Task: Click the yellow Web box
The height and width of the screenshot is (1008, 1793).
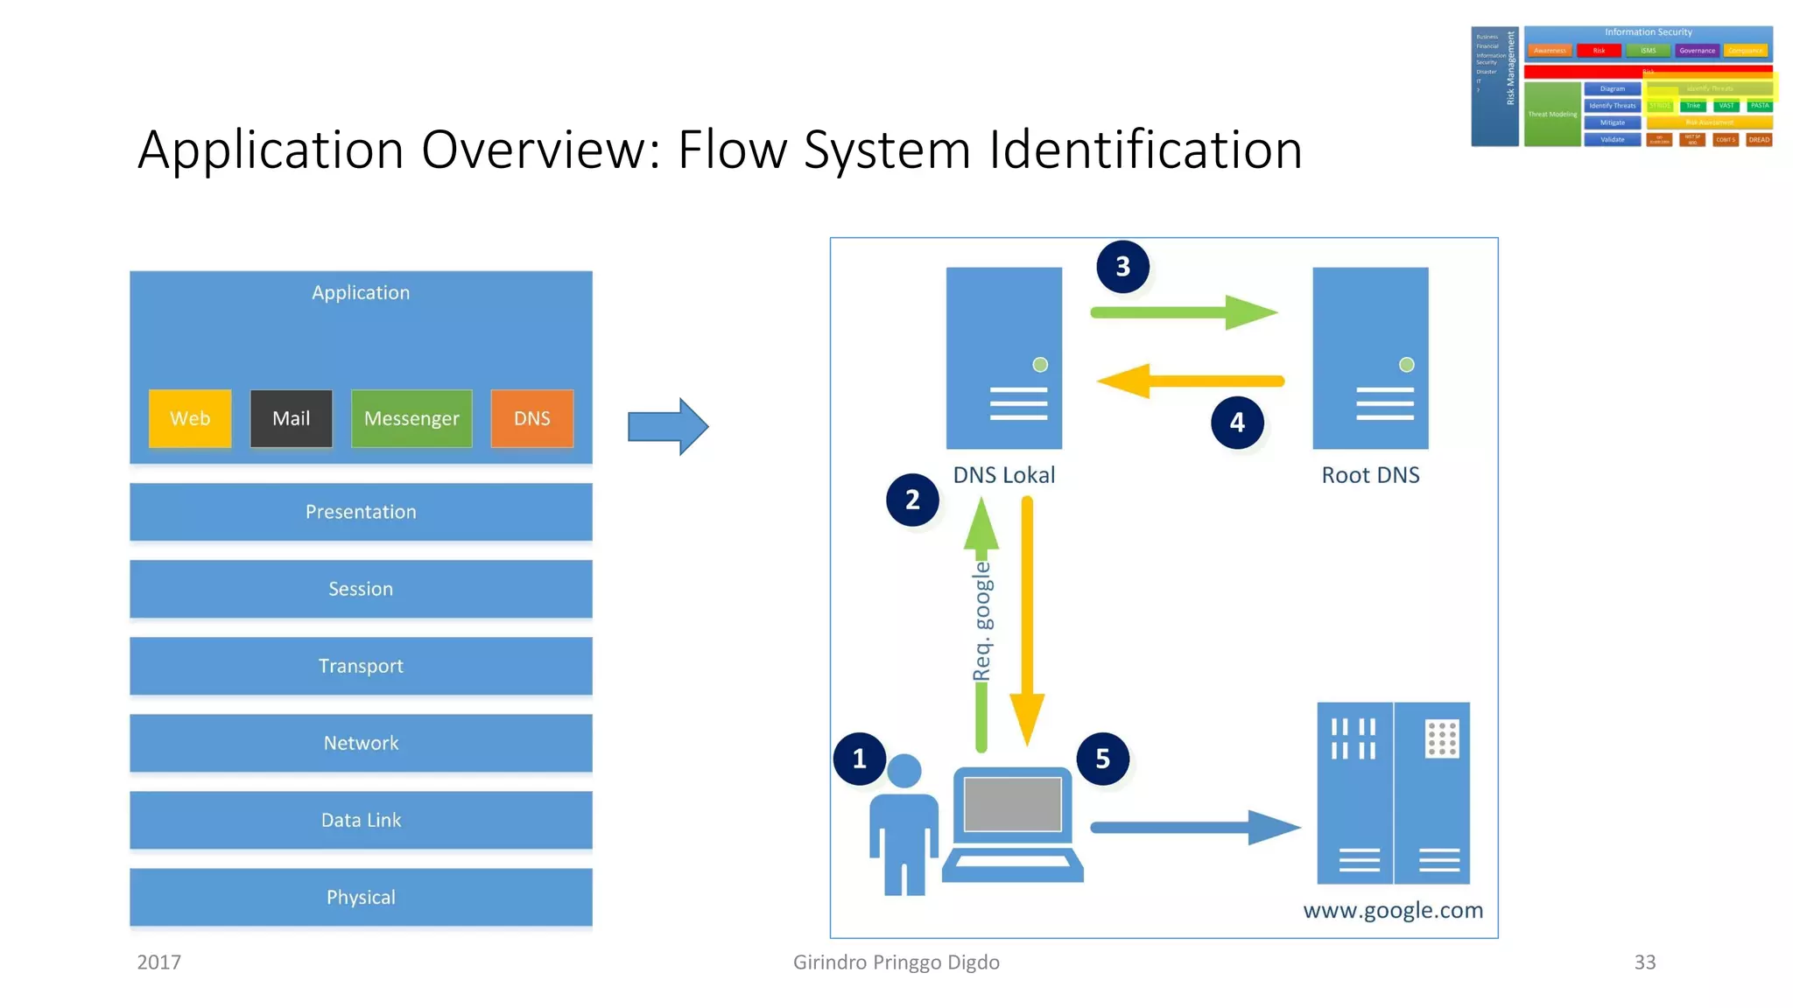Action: tap(190, 418)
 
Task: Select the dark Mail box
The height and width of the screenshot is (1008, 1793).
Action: tap(291, 418)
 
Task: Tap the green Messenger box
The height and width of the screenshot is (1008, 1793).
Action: tap(411, 418)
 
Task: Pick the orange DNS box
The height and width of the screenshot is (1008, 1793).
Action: tap(531, 418)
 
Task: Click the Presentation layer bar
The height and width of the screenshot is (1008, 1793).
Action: tap(361, 512)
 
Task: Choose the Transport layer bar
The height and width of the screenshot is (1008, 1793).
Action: tap(361, 666)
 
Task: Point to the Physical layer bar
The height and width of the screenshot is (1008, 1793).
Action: tap(361, 897)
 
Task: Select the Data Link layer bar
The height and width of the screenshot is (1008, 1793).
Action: tap(361, 820)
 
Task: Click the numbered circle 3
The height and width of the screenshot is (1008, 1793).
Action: tap(1122, 267)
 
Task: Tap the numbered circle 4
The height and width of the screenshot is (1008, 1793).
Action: tap(1237, 423)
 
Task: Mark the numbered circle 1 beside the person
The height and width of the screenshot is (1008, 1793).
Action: tap(859, 759)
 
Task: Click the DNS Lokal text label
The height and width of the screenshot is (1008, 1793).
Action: tap(1003, 475)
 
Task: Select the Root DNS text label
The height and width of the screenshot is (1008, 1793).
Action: tap(1370, 475)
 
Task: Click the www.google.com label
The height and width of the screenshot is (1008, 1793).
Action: tap(1393, 910)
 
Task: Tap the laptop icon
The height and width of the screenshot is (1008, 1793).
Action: tap(1013, 822)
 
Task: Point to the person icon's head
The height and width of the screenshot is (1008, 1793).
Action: tap(904, 771)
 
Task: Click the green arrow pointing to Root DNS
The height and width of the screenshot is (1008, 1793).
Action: tap(1182, 312)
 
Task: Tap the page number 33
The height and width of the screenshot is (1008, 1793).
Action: tap(1644, 962)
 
